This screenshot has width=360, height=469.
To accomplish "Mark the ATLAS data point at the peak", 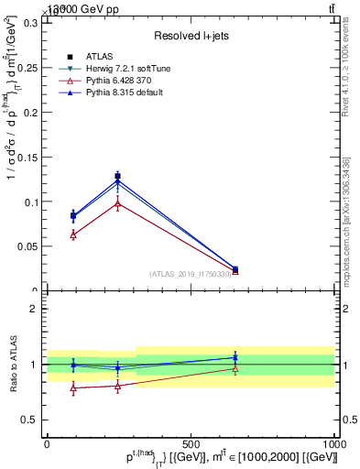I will [117, 176].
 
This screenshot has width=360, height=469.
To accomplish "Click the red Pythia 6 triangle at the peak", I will [117, 203].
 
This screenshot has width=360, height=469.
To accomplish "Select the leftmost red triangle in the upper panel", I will [73, 234].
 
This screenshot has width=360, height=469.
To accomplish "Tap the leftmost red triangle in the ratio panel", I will [73, 388].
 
